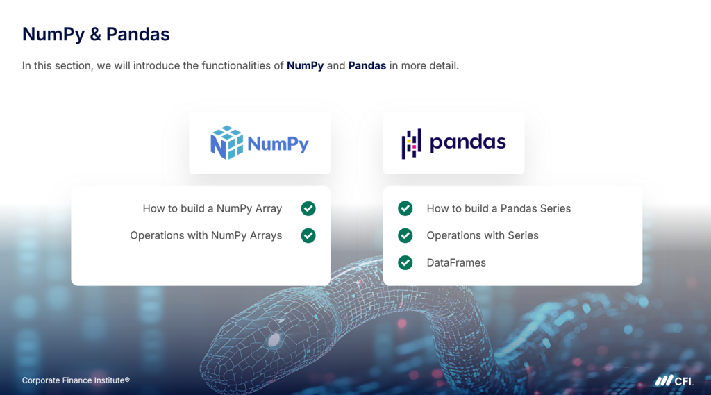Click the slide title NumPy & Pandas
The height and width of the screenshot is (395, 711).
tap(96, 35)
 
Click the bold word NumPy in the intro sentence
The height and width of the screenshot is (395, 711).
tap(306, 66)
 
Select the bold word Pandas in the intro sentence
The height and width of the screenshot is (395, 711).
tap(367, 66)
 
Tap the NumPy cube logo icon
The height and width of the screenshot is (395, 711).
tap(227, 142)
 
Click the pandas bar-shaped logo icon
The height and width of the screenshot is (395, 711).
tap(411, 144)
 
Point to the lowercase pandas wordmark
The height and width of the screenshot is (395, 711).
tap(467, 142)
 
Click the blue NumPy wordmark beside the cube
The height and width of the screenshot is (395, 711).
tap(278, 144)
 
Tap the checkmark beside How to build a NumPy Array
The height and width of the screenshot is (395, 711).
tap(308, 209)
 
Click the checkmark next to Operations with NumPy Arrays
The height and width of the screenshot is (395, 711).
tap(308, 235)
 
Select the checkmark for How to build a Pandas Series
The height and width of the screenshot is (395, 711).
tap(405, 209)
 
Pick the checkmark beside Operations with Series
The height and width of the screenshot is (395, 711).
tap(405, 235)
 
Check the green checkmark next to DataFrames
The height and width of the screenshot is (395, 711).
tap(405, 262)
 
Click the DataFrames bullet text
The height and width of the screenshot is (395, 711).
tap(456, 263)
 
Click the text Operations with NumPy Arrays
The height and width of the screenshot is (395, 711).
tap(206, 236)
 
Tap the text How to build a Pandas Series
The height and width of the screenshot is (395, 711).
tap(499, 209)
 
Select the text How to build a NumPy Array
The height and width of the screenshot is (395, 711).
tap(212, 209)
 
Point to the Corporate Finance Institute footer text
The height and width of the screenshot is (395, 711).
tap(76, 380)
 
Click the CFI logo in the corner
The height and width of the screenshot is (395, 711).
tap(674, 381)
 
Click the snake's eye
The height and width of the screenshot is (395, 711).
tap(274, 339)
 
